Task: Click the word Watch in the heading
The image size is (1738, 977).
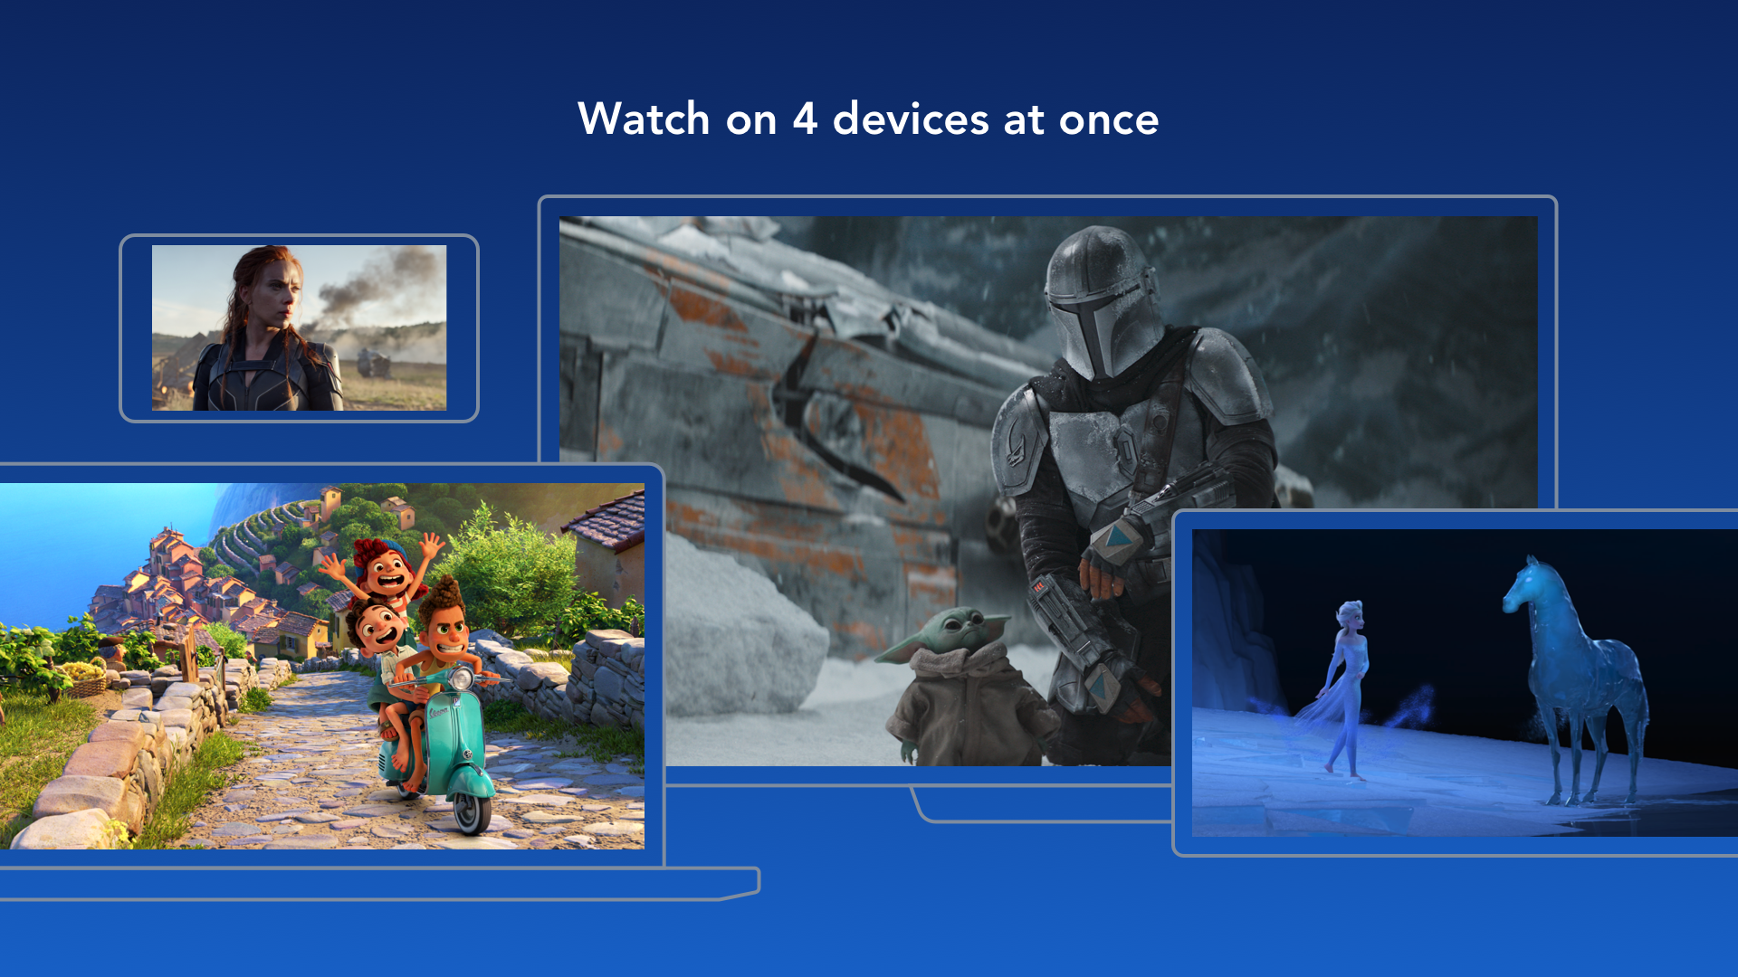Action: click(644, 119)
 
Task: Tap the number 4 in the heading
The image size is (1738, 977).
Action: click(805, 119)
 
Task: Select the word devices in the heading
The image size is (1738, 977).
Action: click(911, 119)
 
